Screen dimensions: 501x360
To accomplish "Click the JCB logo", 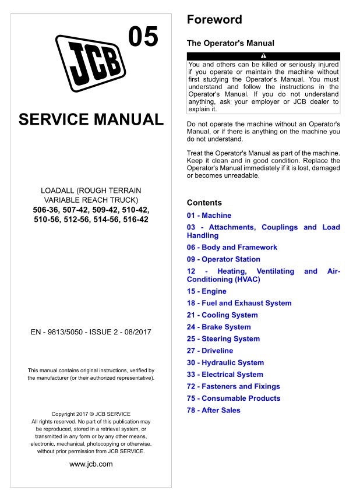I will coord(91,62).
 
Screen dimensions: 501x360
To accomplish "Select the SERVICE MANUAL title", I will coord(91,120).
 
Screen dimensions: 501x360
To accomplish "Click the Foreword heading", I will coord(214,20).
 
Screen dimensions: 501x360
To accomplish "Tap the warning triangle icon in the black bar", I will coord(263,56).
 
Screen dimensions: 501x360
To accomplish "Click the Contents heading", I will coord(204,203).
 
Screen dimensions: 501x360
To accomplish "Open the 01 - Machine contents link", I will coord(209,216).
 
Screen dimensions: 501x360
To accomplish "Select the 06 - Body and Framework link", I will coord(232,248).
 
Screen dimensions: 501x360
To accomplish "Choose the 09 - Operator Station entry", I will coord(223,259).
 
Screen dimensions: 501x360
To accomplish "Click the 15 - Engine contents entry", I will coord(206,291).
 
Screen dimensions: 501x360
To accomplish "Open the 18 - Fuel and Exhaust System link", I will coord(239,303).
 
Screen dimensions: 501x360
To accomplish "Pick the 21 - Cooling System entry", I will coord(222,315).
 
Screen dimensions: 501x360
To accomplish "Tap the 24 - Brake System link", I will coord(218,327).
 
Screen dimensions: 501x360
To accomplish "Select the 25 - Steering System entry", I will coord(223,338).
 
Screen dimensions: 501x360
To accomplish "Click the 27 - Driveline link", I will coord(210,351).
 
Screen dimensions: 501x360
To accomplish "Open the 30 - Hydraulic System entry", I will coord(225,362).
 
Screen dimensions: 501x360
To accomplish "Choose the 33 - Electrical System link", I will coord(224,375).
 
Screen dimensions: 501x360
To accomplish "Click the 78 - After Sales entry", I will coord(213,410).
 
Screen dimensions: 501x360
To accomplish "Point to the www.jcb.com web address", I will coord(91,464).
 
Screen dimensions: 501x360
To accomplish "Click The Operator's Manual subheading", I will coord(230,43).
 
